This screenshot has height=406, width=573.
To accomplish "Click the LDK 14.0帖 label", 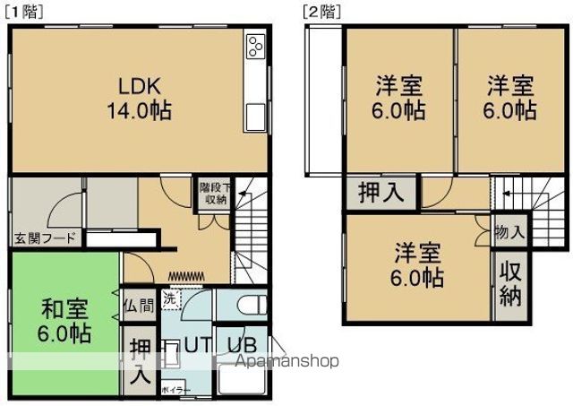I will [139, 99].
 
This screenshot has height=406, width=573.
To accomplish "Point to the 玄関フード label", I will [44, 238].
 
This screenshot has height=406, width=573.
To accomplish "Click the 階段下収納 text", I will [213, 194].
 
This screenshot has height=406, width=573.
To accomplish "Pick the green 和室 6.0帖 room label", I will [65, 322].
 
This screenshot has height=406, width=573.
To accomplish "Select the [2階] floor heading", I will [319, 11].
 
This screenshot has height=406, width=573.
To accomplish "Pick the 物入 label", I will [509, 232].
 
